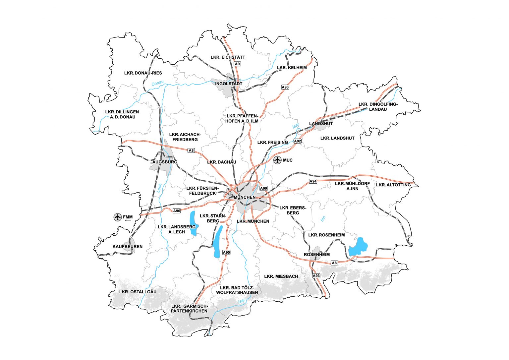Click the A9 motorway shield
pos(237,64)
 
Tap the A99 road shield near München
pos(263,188)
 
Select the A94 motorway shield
pos(313,181)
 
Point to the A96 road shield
pos(177,211)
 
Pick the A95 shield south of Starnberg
pos(226,252)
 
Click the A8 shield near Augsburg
pos(191,150)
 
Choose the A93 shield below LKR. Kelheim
pos(285,87)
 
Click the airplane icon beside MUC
pos(277,160)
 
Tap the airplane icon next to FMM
pos(117,217)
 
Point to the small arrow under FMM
pos(128,221)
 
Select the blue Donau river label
pos(157,83)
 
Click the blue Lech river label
pos(159,188)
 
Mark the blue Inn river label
pos(323,219)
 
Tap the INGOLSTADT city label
pos(229,84)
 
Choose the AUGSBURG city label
pos(165,162)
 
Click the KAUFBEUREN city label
pos(128,247)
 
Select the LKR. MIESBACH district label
pos(281,276)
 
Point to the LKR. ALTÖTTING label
pos(393,185)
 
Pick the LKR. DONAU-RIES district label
pos(143,73)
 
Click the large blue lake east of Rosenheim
pos(358,247)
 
